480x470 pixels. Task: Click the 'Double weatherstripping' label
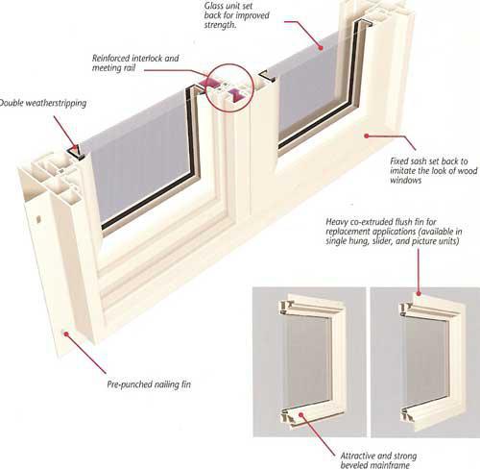[x=43, y=103]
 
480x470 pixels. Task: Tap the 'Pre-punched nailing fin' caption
[x=149, y=384]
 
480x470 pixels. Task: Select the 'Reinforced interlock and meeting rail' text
[x=135, y=62]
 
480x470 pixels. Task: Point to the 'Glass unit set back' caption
[x=237, y=15]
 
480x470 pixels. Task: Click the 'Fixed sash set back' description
[x=434, y=170]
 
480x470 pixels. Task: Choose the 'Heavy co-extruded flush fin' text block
[x=394, y=232]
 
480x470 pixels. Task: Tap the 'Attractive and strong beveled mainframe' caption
[x=378, y=460]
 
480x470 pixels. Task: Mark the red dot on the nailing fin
[x=66, y=334]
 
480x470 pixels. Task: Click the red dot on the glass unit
[x=321, y=47]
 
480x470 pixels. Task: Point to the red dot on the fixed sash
[x=367, y=136]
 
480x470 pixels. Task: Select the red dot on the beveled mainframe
[x=300, y=414]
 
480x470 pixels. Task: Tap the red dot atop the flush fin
[x=419, y=293]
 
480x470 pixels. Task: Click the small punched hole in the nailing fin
[x=38, y=220]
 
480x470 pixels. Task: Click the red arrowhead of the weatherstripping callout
[x=75, y=149]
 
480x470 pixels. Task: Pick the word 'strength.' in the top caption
[x=220, y=25]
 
